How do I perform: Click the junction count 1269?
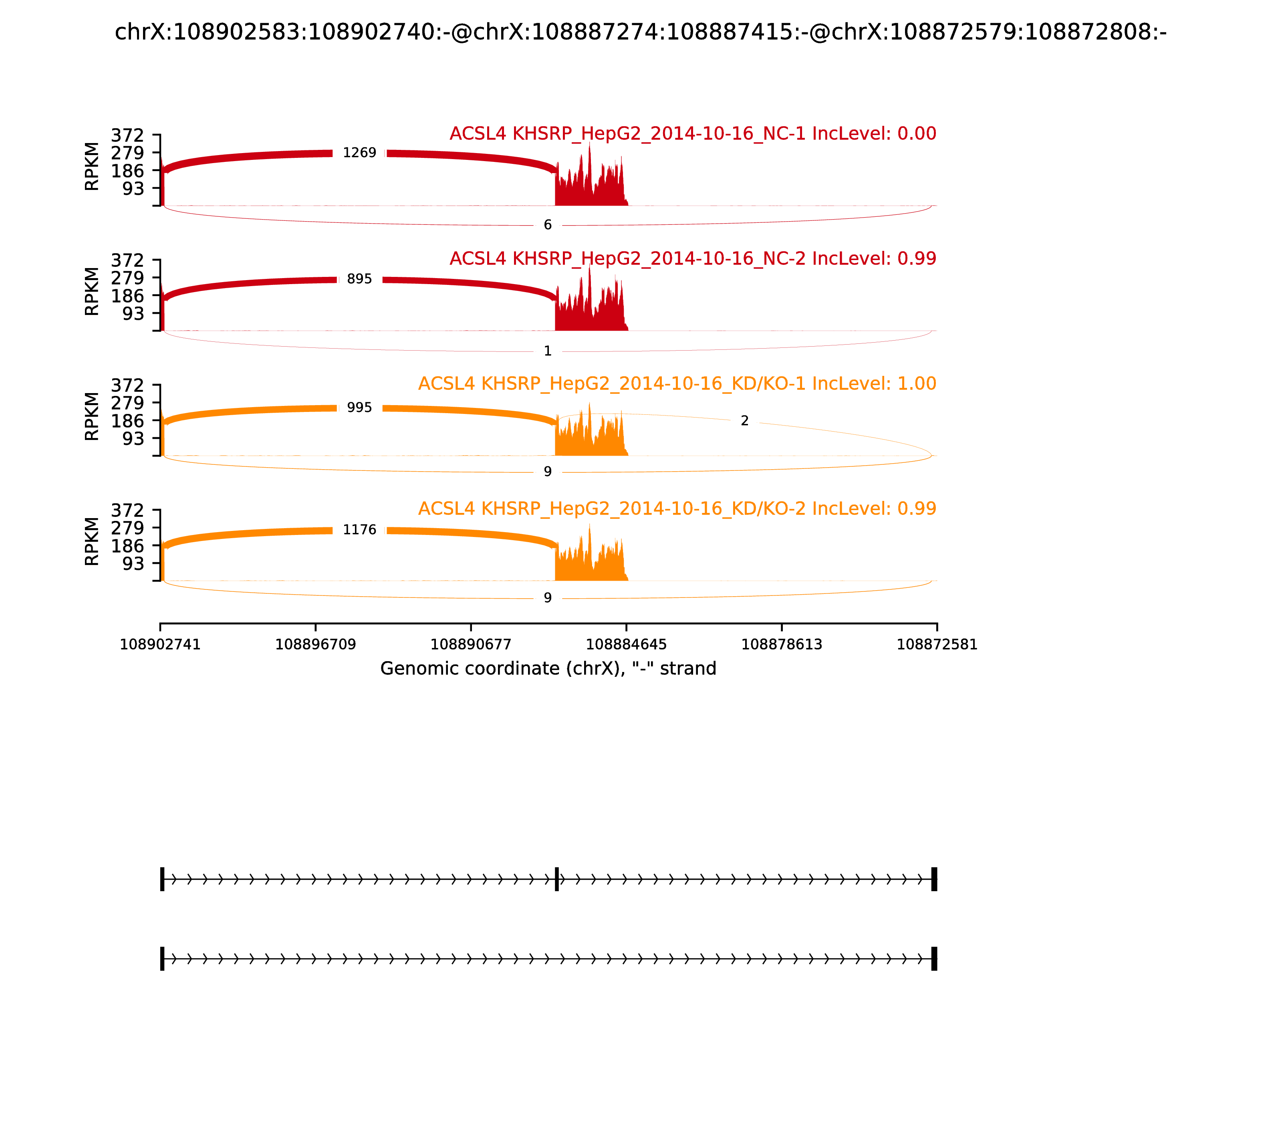359,153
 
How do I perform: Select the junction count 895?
359,279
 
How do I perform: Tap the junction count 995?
359,408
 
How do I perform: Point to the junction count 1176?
359,530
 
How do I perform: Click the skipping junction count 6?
548,225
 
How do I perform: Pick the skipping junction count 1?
548,351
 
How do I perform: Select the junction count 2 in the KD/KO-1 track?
744,421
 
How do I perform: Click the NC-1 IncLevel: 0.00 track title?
692,133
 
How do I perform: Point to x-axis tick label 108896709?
316,644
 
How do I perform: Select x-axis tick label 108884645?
626,644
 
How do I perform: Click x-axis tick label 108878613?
781,644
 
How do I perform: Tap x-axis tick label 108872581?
937,644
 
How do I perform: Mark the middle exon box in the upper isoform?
556,879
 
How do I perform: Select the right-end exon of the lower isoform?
934,959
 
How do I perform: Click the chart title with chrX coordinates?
640,32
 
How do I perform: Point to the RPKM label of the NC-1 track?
92,167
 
